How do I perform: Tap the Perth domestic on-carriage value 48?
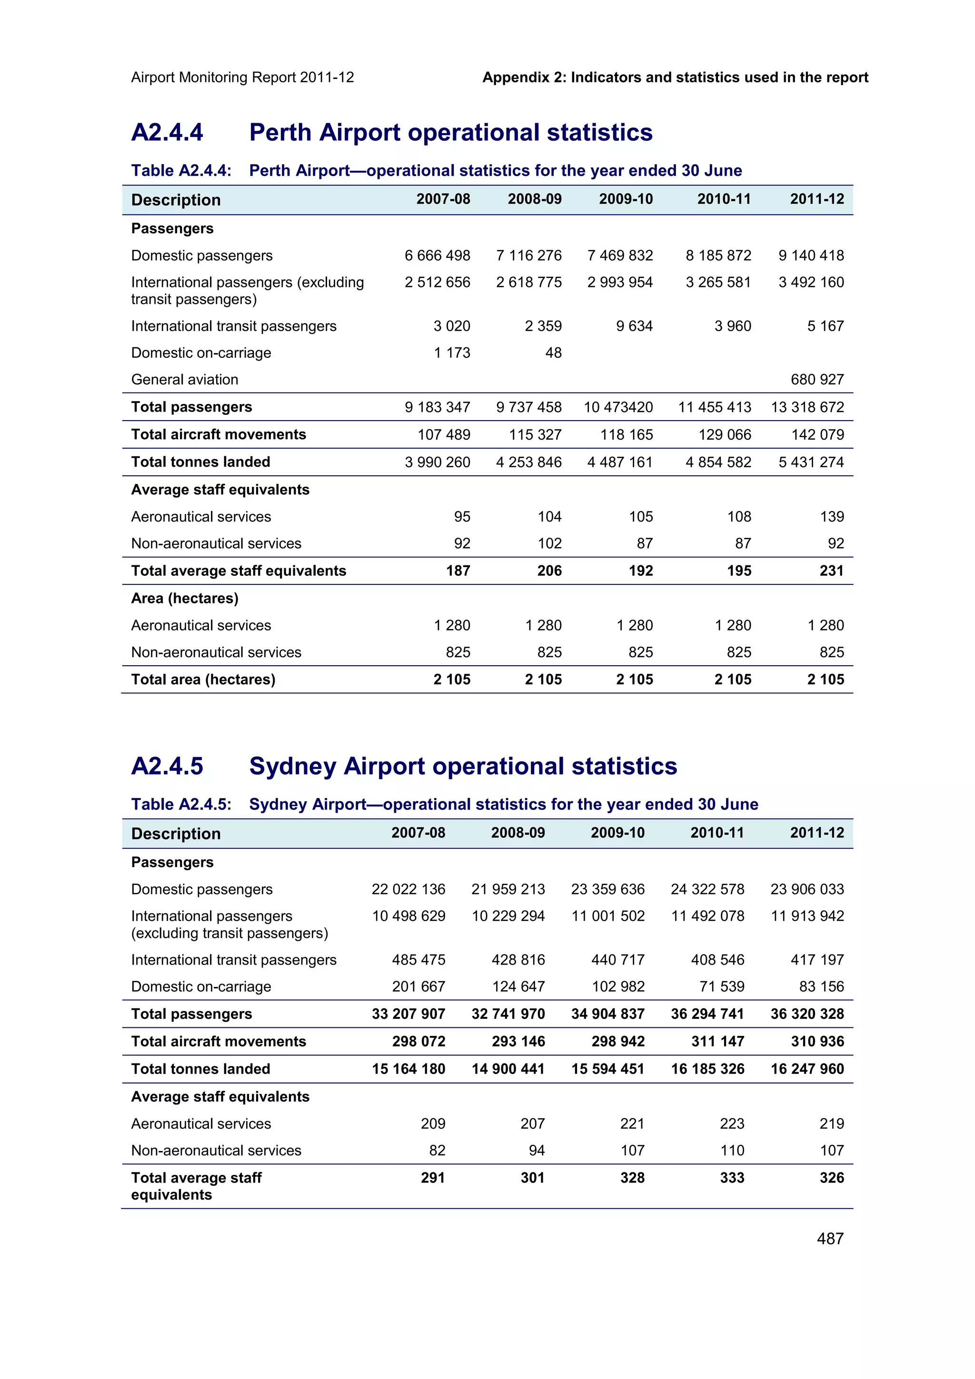tap(553, 353)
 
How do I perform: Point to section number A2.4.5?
tap(167, 767)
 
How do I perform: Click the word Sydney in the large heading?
tap(292, 767)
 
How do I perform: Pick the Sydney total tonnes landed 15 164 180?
tap(408, 1069)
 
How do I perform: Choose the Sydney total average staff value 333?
tap(732, 1178)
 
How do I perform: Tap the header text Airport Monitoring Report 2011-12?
tap(242, 78)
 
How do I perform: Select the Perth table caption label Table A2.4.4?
tap(181, 170)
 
